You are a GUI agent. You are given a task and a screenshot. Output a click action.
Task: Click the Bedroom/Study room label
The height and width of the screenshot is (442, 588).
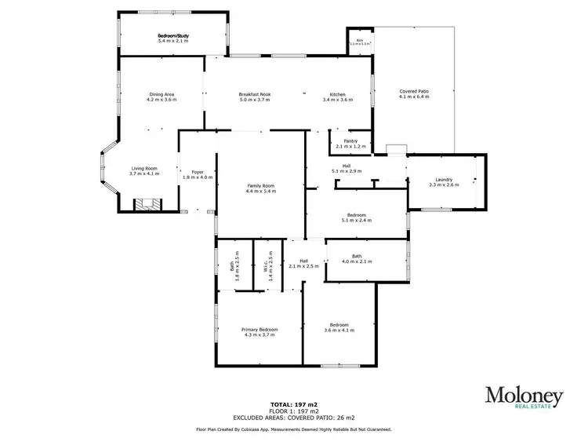[x=172, y=36]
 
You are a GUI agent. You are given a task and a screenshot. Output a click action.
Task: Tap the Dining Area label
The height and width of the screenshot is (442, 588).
[x=161, y=95]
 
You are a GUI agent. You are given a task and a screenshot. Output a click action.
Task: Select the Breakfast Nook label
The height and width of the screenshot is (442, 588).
[x=254, y=95]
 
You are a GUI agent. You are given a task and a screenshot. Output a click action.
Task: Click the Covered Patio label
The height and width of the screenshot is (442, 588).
[x=414, y=91]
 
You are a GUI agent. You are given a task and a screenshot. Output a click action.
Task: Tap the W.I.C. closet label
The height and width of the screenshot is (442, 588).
[x=270, y=266]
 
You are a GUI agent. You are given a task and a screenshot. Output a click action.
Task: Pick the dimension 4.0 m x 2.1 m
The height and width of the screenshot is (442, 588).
[x=357, y=261]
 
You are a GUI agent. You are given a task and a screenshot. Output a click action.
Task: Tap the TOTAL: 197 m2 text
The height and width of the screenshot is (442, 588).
[x=294, y=404]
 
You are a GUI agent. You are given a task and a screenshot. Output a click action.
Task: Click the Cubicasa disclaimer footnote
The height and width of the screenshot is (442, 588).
[x=294, y=429]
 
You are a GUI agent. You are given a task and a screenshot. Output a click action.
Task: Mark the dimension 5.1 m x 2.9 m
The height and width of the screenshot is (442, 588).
[x=345, y=170]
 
